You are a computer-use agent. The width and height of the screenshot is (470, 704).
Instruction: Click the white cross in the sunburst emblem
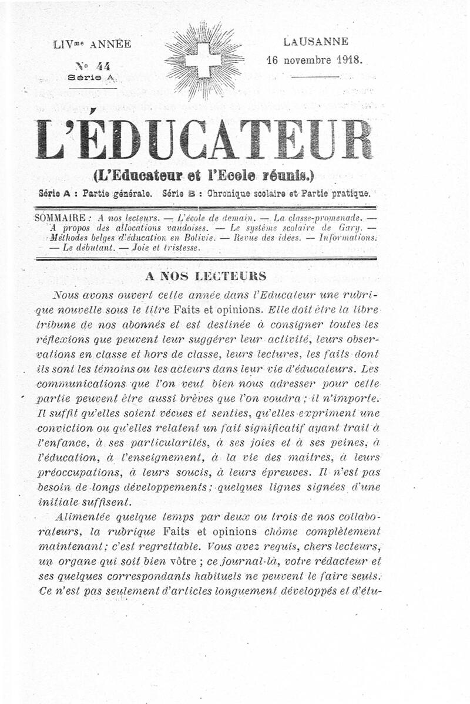point(203,59)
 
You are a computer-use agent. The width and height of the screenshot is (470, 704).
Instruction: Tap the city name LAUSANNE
point(315,42)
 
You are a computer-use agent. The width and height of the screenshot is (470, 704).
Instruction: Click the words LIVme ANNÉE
point(92,44)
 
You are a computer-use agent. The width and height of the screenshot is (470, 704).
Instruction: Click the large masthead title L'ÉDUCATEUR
point(204,139)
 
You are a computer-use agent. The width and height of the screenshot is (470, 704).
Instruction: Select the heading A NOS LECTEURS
point(205,276)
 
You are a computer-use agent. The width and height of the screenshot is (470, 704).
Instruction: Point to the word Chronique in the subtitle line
point(225,193)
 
